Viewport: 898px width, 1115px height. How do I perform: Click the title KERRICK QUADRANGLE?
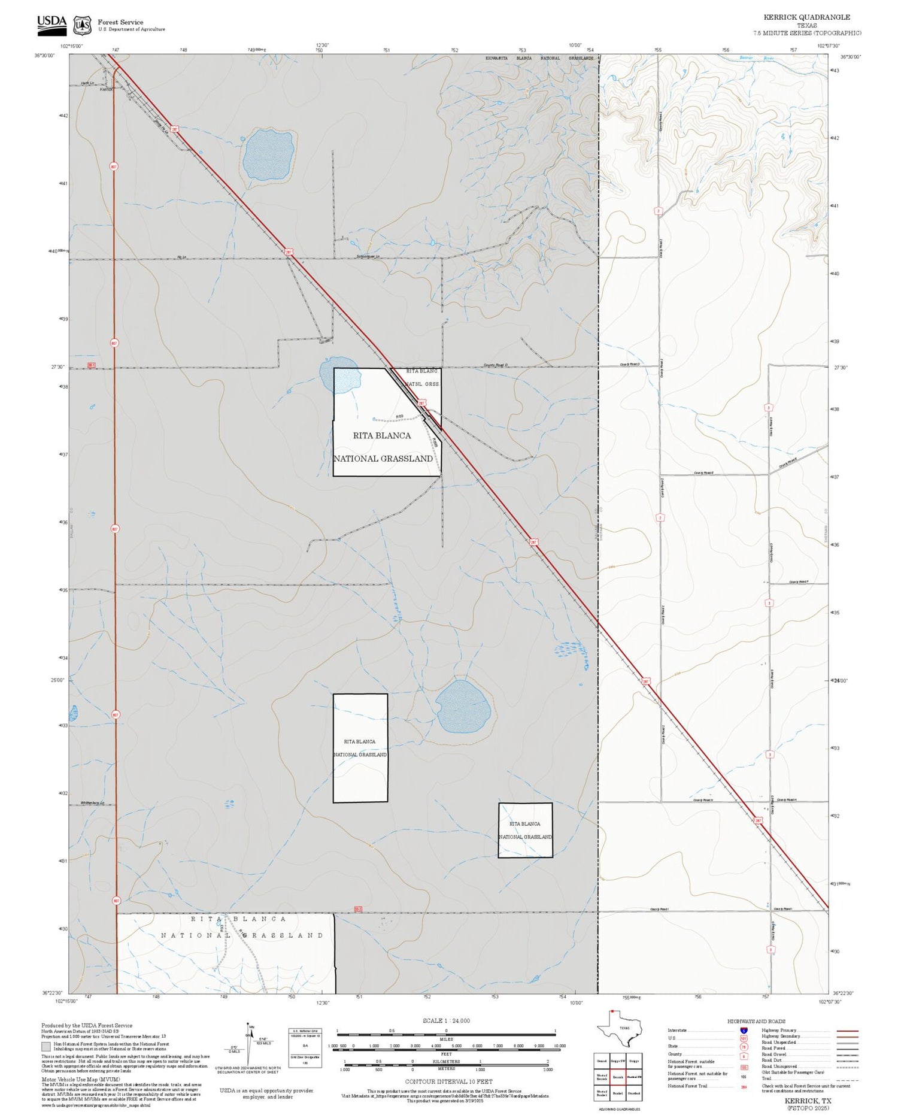pyautogui.click(x=806, y=17)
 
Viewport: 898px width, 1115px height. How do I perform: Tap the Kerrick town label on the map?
pyautogui.click(x=107, y=89)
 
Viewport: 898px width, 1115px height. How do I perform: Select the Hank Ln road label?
pyautogui.click(x=88, y=83)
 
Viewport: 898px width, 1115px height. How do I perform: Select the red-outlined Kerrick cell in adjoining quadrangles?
pyautogui.click(x=618, y=1077)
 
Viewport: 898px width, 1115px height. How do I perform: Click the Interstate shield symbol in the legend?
pyautogui.click(x=744, y=1030)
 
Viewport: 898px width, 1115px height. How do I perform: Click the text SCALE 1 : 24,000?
pyautogui.click(x=446, y=1020)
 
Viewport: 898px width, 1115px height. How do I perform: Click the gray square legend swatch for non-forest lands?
pyautogui.click(x=46, y=1047)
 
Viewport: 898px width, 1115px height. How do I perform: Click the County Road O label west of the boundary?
pyautogui.click(x=496, y=365)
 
